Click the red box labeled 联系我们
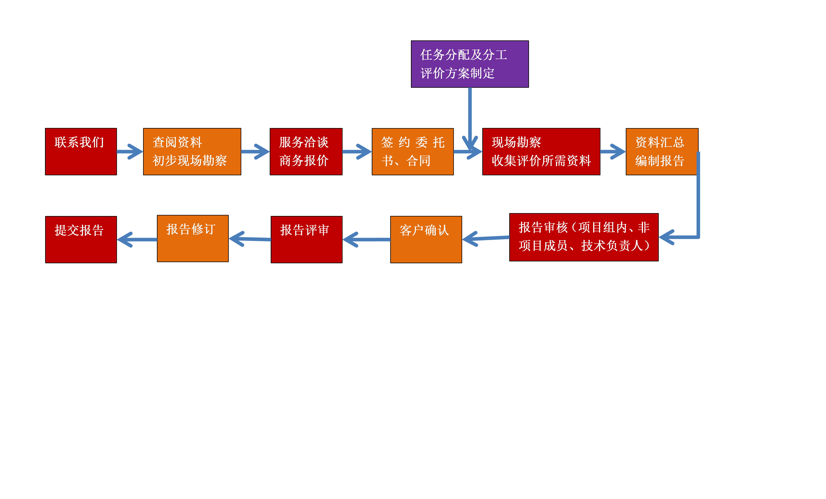81,152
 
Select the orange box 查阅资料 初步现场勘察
192,152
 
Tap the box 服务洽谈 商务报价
306,152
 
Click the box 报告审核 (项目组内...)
584,237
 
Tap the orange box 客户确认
426,239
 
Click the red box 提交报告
81,239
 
